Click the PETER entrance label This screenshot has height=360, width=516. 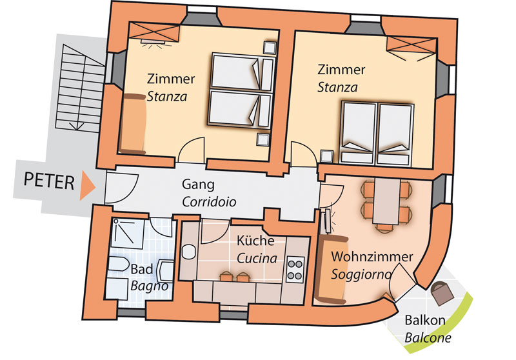point(49,181)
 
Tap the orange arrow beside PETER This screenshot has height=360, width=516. point(87,185)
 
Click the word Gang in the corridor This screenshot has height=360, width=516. point(198,184)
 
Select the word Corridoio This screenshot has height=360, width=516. point(209,202)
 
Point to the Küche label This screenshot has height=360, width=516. point(255,241)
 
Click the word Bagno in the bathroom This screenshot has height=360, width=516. point(150,286)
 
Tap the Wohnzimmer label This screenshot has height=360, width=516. point(372,257)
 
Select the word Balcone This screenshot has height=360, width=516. point(428,337)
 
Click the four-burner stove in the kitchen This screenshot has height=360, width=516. point(295,269)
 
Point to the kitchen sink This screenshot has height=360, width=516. point(188,252)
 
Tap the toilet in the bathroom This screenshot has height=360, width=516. point(119,265)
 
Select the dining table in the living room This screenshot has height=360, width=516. point(386,201)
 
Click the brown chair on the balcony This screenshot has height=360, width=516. point(442,293)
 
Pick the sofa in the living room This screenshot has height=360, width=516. point(332,269)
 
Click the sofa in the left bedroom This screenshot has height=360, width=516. point(133,124)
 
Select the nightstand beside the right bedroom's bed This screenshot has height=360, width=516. point(327,156)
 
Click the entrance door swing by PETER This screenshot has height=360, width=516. point(121,188)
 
